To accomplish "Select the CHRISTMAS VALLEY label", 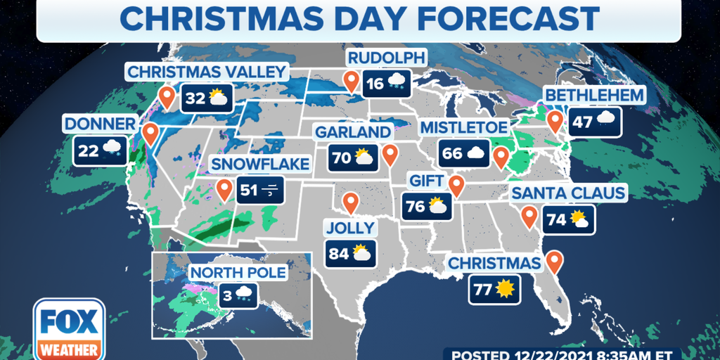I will pyautogui.click(x=207, y=72).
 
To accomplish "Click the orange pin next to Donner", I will pyautogui.click(x=150, y=133).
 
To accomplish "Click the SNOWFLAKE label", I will pyautogui.click(x=260, y=164).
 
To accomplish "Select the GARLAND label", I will pyautogui.click(x=353, y=132).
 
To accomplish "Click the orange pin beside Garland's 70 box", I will pyautogui.click(x=390, y=154).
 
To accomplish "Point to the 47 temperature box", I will pyautogui.click(x=594, y=121).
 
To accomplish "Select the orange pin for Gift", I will pyautogui.click(x=457, y=185).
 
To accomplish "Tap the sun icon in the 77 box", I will pyautogui.click(x=505, y=288).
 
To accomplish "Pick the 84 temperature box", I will pyautogui.click(x=350, y=253).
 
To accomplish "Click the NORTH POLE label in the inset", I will pyautogui.click(x=237, y=271).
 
